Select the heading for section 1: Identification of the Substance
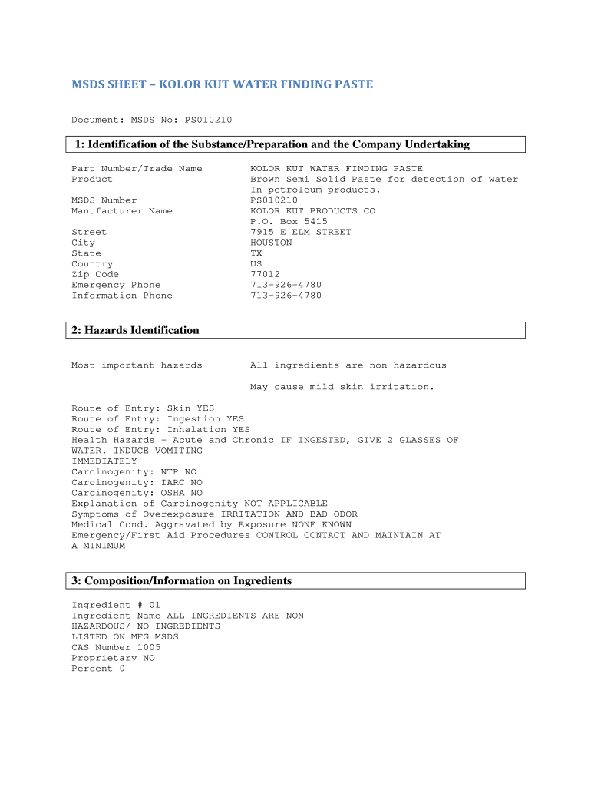(x=272, y=144)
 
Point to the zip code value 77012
(x=265, y=274)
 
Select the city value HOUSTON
(x=271, y=243)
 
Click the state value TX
(x=256, y=253)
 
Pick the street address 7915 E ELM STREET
(x=300, y=232)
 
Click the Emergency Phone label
(x=116, y=285)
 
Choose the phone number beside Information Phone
(x=286, y=296)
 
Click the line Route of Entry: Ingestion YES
(x=157, y=419)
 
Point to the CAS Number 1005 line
(x=116, y=647)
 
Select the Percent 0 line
(x=97, y=669)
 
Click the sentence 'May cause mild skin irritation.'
(x=342, y=387)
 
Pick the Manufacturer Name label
(x=121, y=211)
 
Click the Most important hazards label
(x=137, y=365)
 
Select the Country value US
(x=256, y=264)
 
